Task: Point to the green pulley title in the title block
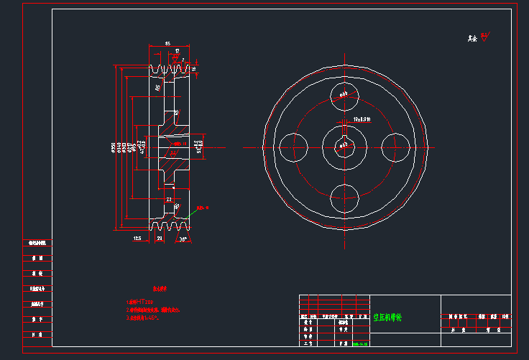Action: coord(388,316)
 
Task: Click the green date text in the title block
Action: coord(362,343)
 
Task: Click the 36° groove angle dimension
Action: coord(183,239)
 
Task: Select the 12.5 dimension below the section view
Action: coord(137,239)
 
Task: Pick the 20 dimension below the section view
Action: coord(159,239)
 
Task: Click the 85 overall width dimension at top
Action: coord(167,44)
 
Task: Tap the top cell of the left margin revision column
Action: coord(37,244)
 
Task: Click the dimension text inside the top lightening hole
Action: coord(344,93)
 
